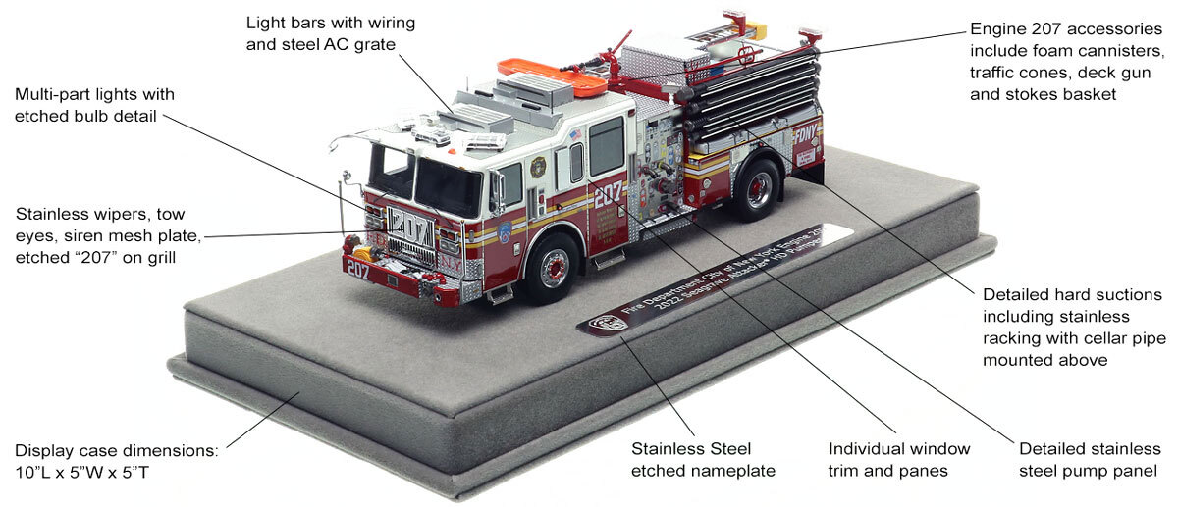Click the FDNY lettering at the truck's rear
(x=806, y=133)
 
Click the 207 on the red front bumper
(x=357, y=269)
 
